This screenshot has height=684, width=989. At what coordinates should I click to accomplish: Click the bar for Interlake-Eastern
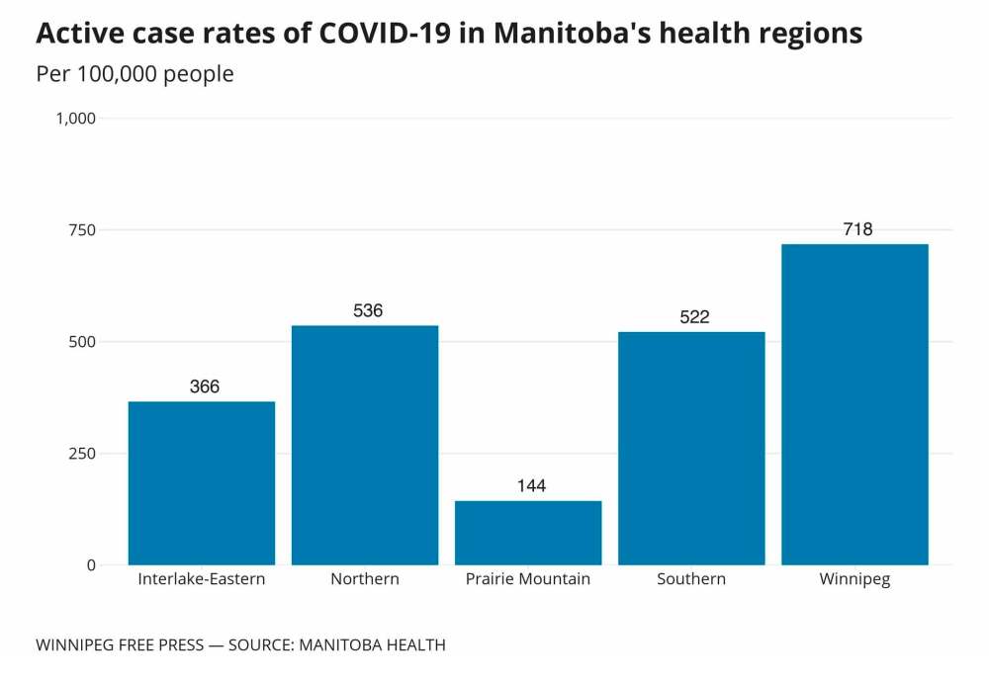point(202,482)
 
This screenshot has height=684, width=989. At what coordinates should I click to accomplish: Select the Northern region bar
point(365,445)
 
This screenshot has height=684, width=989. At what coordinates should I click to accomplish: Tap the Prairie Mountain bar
point(528,533)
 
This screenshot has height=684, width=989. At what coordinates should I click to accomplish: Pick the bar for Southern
point(691,448)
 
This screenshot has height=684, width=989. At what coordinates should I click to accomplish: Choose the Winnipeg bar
point(854,404)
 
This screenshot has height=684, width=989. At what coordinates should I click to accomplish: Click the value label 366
point(205,386)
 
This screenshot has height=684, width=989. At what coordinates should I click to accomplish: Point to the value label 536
point(368,311)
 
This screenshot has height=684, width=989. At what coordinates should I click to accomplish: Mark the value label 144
point(531,486)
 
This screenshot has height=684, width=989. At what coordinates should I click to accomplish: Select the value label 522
point(694,317)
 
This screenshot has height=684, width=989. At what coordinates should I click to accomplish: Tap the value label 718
point(857,229)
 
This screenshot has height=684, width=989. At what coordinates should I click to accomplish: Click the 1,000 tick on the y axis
point(75,119)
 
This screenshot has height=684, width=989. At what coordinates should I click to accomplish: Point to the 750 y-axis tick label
point(82,230)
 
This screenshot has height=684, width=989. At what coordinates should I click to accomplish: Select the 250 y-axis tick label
point(82,454)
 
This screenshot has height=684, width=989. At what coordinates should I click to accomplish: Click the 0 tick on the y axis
point(91,565)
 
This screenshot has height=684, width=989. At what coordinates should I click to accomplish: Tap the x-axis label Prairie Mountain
point(528,579)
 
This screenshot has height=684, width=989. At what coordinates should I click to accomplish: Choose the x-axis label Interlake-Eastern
point(202,579)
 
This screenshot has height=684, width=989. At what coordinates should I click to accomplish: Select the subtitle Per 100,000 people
point(135,74)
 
